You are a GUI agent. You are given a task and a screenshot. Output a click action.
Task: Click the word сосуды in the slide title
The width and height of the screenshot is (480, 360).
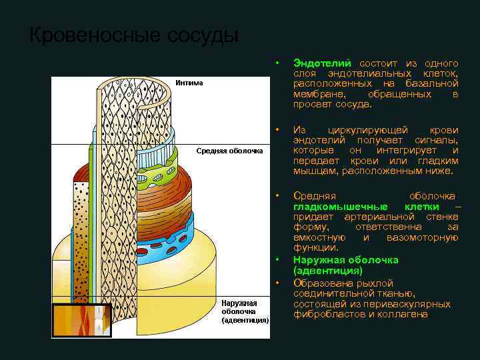199,35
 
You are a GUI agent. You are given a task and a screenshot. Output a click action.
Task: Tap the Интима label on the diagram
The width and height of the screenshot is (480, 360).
189,83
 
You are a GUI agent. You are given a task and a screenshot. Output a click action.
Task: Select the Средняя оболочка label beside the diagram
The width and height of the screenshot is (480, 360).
229,151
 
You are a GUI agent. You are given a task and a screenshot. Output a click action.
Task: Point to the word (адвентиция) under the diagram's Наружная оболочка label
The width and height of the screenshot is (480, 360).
245,320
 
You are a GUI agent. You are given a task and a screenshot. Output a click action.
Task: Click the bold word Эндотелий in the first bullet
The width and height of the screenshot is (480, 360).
322,62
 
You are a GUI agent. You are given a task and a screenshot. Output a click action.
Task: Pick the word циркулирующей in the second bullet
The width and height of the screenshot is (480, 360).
364,129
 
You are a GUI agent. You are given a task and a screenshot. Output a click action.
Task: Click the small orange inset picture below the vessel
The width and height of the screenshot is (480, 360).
81,321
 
